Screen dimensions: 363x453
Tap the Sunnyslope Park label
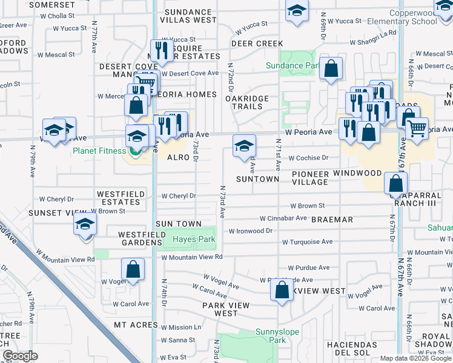(x=270, y=336)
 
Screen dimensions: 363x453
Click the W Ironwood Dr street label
(x=251, y=231)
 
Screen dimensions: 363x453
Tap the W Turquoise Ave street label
(x=307, y=242)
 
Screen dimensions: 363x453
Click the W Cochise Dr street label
(x=308, y=158)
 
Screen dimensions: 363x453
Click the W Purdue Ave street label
(x=308, y=267)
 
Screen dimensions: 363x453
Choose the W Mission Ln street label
(x=180, y=327)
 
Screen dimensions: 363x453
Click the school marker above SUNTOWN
(x=244, y=146)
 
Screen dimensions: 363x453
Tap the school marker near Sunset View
(x=85, y=224)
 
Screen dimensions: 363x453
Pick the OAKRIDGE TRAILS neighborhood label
(x=245, y=102)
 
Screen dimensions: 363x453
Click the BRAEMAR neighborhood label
(x=332, y=220)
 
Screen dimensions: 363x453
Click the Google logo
(x=20, y=356)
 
